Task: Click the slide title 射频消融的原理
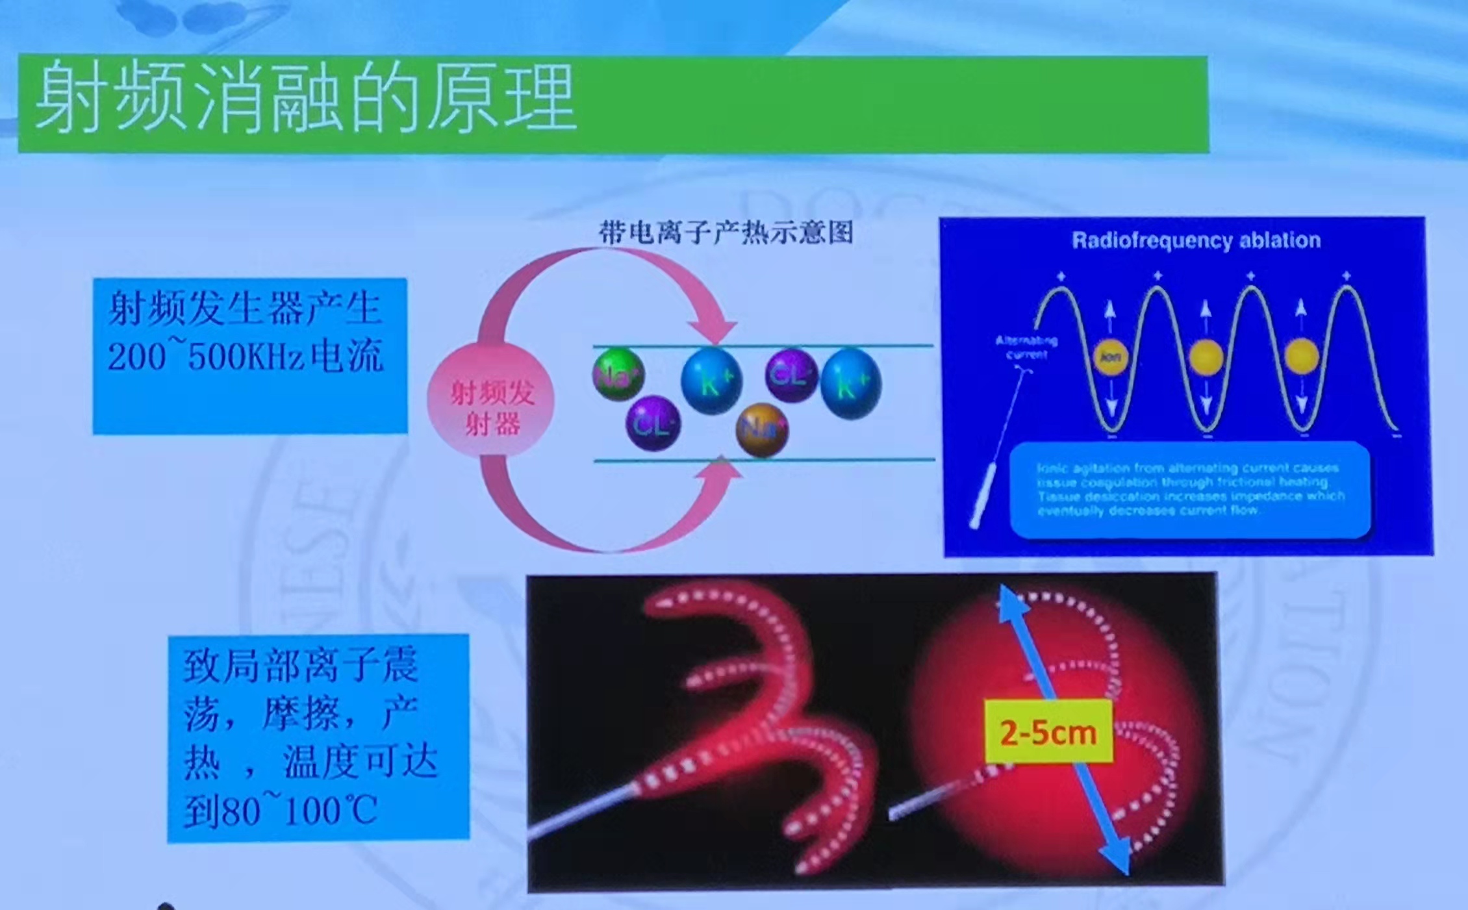pyautogui.click(x=305, y=97)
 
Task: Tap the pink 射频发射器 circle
pyautogui.click(x=492, y=407)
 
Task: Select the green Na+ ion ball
pyautogui.click(x=618, y=375)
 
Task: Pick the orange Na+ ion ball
pyautogui.click(x=763, y=429)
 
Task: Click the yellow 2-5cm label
pyautogui.click(x=1048, y=732)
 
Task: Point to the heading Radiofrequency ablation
pyautogui.click(x=1196, y=240)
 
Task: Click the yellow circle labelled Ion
pyautogui.click(x=1110, y=357)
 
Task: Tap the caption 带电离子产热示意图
pyautogui.click(x=726, y=232)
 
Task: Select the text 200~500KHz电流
pyautogui.click(x=246, y=357)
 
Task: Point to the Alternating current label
pyautogui.click(x=1026, y=348)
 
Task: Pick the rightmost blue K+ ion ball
pyautogui.click(x=851, y=383)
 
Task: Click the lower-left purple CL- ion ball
pyautogui.click(x=652, y=424)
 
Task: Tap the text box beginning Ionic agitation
pyautogui.click(x=1190, y=489)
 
